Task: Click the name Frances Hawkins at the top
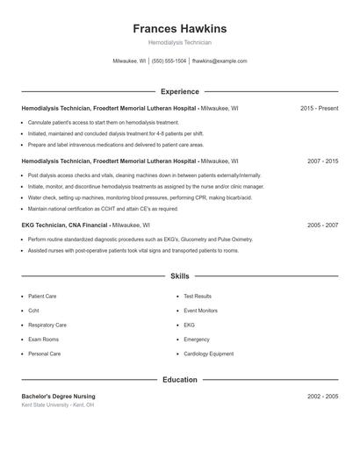tap(179, 29)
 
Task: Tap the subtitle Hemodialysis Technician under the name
tap(179, 42)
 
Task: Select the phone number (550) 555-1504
tap(169, 61)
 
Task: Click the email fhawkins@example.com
tap(220, 61)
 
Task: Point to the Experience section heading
tap(179, 91)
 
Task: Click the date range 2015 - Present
tap(319, 109)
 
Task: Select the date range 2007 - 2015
tap(322, 161)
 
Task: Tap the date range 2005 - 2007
tap(322, 225)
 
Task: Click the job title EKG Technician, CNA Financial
tap(65, 225)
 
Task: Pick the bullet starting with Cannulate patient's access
tap(104, 122)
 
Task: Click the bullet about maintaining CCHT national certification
tap(103, 209)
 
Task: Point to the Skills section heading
tap(179, 276)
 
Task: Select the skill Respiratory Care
tap(47, 325)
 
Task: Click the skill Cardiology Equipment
tap(208, 354)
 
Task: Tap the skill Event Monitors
tap(200, 311)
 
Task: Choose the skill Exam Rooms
tap(43, 340)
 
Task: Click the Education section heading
tap(179, 380)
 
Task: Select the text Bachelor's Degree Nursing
tap(59, 397)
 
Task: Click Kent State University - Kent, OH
tap(58, 405)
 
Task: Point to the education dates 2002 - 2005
tap(322, 397)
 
